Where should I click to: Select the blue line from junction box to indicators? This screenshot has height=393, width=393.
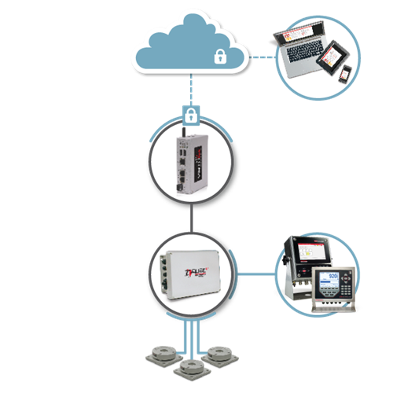click(259, 274)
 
